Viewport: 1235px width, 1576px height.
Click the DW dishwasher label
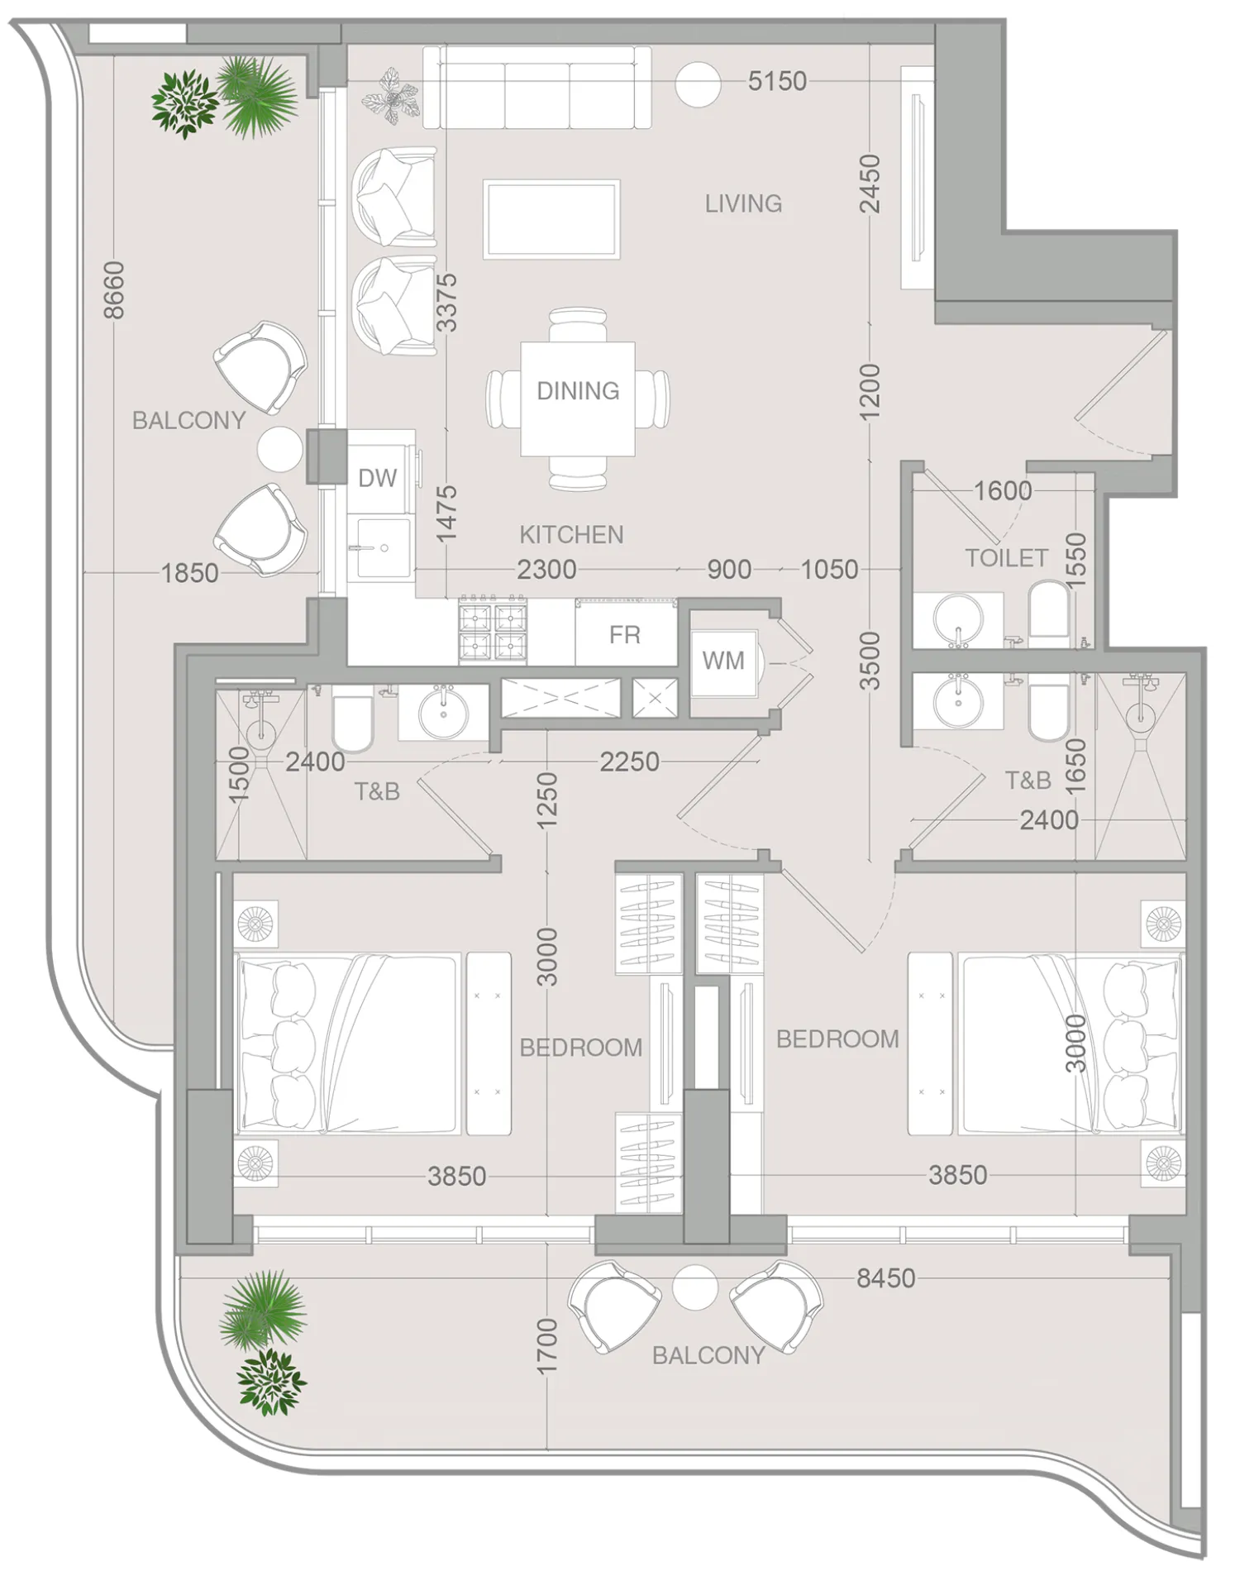pyautogui.click(x=377, y=478)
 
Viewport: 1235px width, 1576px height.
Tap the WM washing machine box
pyautogui.click(x=722, y=661)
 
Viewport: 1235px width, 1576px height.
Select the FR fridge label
pyautogui.click(x=624, y=635)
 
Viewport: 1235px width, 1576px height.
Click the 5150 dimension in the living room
pyautogui.click(x=776, y=81)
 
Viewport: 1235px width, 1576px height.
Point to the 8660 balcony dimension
pyautogui.click(x=114, y=289)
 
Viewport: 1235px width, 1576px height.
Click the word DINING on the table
pyautogui.click(x=578, y=390)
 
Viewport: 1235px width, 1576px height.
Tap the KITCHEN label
pyautogui.click(x=571, y=535)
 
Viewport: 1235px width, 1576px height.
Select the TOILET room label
pyautogui.click(x=1006, y=558)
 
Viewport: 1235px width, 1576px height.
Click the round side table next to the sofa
pyautogui.click(x=698, y=84)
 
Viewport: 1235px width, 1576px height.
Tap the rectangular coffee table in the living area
pyautogui.click(x=551, y=219)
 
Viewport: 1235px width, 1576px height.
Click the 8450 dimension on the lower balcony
pyautogui.click(x=885, y=1278)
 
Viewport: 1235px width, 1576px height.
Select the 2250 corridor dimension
pyautogui.click(x=629, y=762)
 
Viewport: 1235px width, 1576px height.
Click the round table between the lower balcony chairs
pyautogui.click(x=694, y=1287)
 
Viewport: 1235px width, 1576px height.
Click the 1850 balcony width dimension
pyautogui.click(x=189, y=573)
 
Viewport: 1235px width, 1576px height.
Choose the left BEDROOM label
pyautogui.click(x=580, y=1048)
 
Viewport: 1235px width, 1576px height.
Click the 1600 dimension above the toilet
pyautogui.click(x=1002, y=491)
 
